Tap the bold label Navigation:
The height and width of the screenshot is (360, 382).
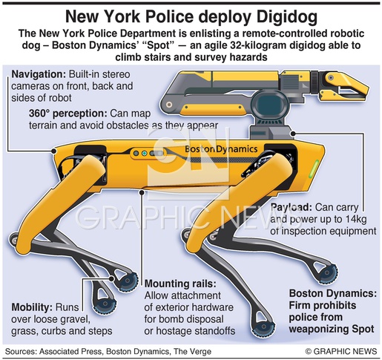click(x=39, y=74)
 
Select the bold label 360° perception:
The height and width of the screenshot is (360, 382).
click(x=67, y=114)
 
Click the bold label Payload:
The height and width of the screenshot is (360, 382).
click(x=291, y=207)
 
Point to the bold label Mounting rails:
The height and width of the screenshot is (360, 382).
click(x=180, y=284)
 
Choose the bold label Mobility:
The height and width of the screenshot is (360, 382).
click(x=32, y=307)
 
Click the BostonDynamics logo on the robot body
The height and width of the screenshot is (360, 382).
click(x=221, y=149)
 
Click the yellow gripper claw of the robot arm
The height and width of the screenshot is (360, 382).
click(x=345, y=86)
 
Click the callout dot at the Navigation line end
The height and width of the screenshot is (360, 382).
click(x=53, y=151)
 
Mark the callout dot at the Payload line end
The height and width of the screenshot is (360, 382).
click(x=293, y=134)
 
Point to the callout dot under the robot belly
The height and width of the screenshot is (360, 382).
click(x=142, y=192)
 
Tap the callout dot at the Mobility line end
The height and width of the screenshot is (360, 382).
click(x=111, y=279)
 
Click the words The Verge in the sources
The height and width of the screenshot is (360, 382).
click(x=192, y=352)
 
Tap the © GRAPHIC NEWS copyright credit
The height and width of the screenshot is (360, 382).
click(x=341, y=351)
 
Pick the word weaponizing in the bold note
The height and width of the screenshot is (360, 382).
click(x=320, y=329)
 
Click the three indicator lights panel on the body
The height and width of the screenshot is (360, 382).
click(x=148, y=154)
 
